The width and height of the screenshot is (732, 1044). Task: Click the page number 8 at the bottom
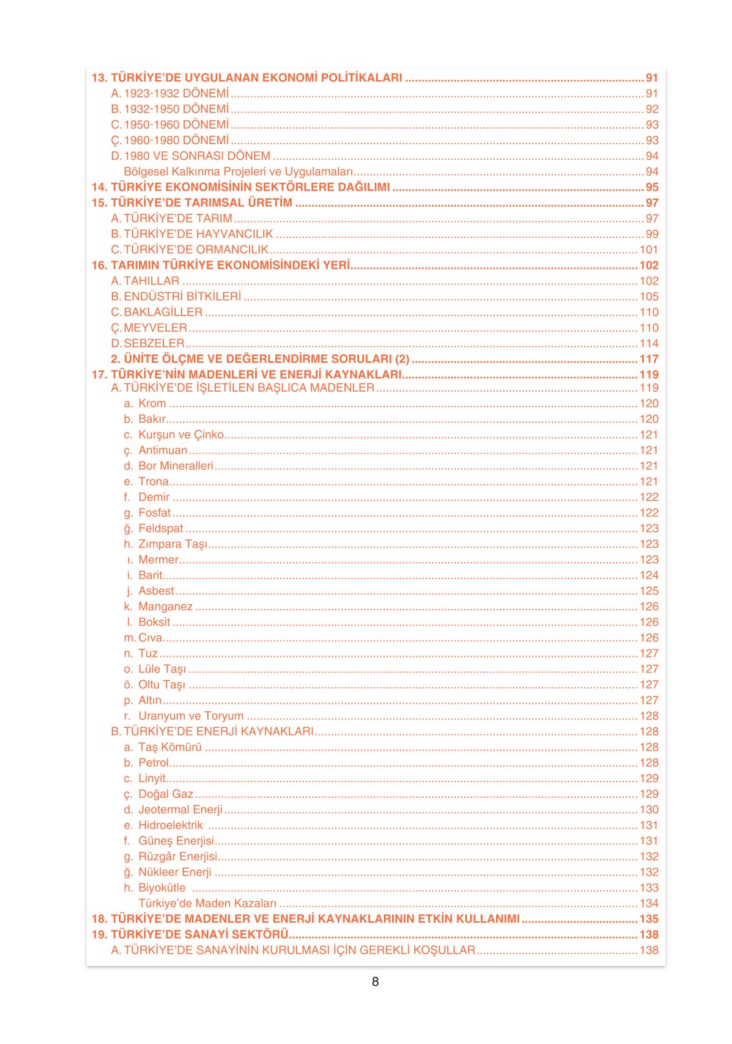pyautogui.click(x=375, y=981)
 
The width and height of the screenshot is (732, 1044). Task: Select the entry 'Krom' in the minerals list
pyautogui.click(x=152, y=403)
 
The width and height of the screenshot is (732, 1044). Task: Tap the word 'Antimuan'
pyautogui.click(x=163, y=450)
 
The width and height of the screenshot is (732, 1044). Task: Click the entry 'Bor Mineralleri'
pyautogui.click(x=175, y=465)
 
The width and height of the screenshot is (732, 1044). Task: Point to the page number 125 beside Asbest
pyautogui.click(x=649, y=591)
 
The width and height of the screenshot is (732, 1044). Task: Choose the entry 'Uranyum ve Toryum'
pyautogui.click(x=191, y=716)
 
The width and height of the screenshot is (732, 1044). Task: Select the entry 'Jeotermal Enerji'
pyautogui.click(x=180, y=809)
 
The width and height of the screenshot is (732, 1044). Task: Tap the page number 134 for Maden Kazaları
pyautogui.click(x=649, y=903)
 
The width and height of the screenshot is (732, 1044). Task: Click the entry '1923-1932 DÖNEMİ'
pyautogui.click(x=176, y=93)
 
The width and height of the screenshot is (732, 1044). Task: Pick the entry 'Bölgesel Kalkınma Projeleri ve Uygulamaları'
pyautogui.click(x=238, y=171)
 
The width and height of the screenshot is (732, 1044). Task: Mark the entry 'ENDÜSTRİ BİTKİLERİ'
pyautogui.click(x=182, y=296)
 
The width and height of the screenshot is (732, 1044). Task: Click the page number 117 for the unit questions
pyautogui.click(x=649, y=359)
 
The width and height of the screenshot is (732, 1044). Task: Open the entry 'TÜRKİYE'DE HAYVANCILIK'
pyautogui.click(x=198, y=234)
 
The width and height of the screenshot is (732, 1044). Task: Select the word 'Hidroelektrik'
pyautogui.click(x=171, y=825)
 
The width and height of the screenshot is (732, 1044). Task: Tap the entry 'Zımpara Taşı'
pyautogui.click(x=173, y=544)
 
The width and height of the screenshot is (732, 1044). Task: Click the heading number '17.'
pyautogui.click(x=99, y=374)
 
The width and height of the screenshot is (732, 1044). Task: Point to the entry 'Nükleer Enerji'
pyautogui.click(x=174, y=872)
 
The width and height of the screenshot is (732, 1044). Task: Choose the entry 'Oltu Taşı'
pyautogui.click(x=162, y=685)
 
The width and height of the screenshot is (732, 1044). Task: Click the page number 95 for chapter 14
pyautogui.click(x=652, y=187)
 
